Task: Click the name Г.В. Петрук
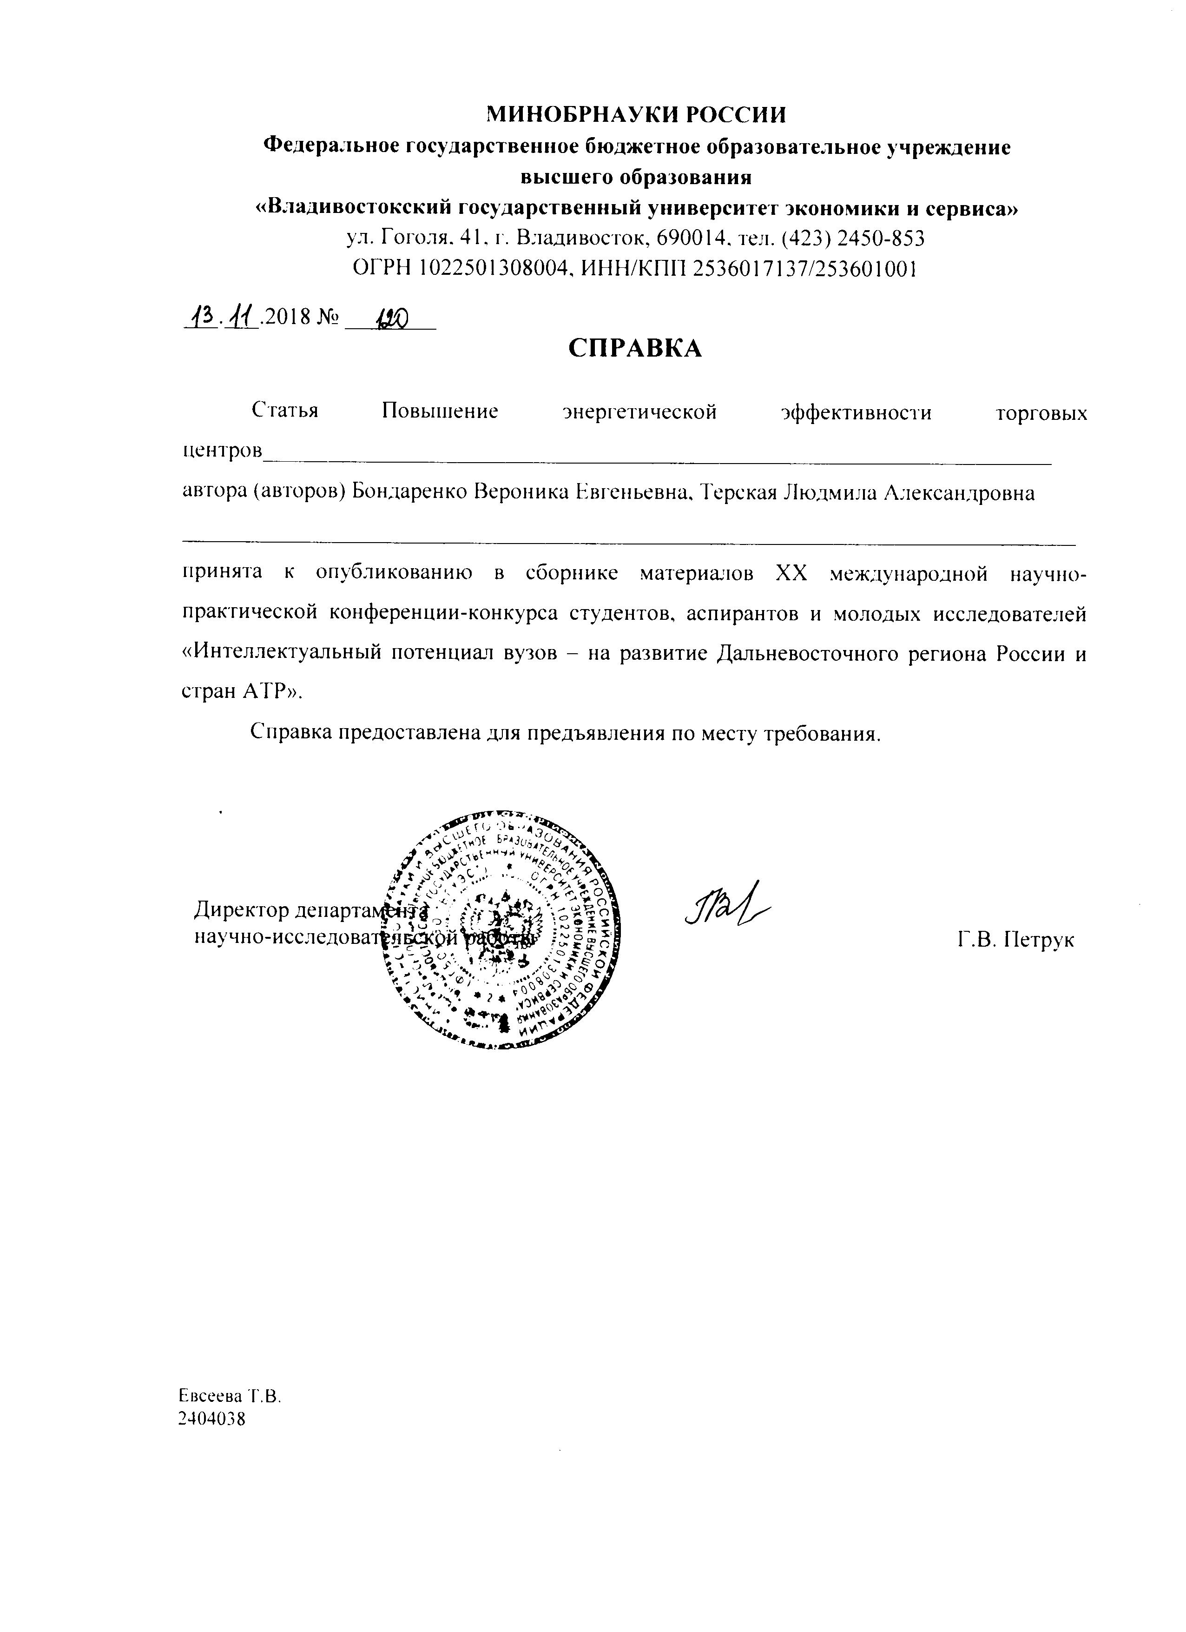coord(1015,940)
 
